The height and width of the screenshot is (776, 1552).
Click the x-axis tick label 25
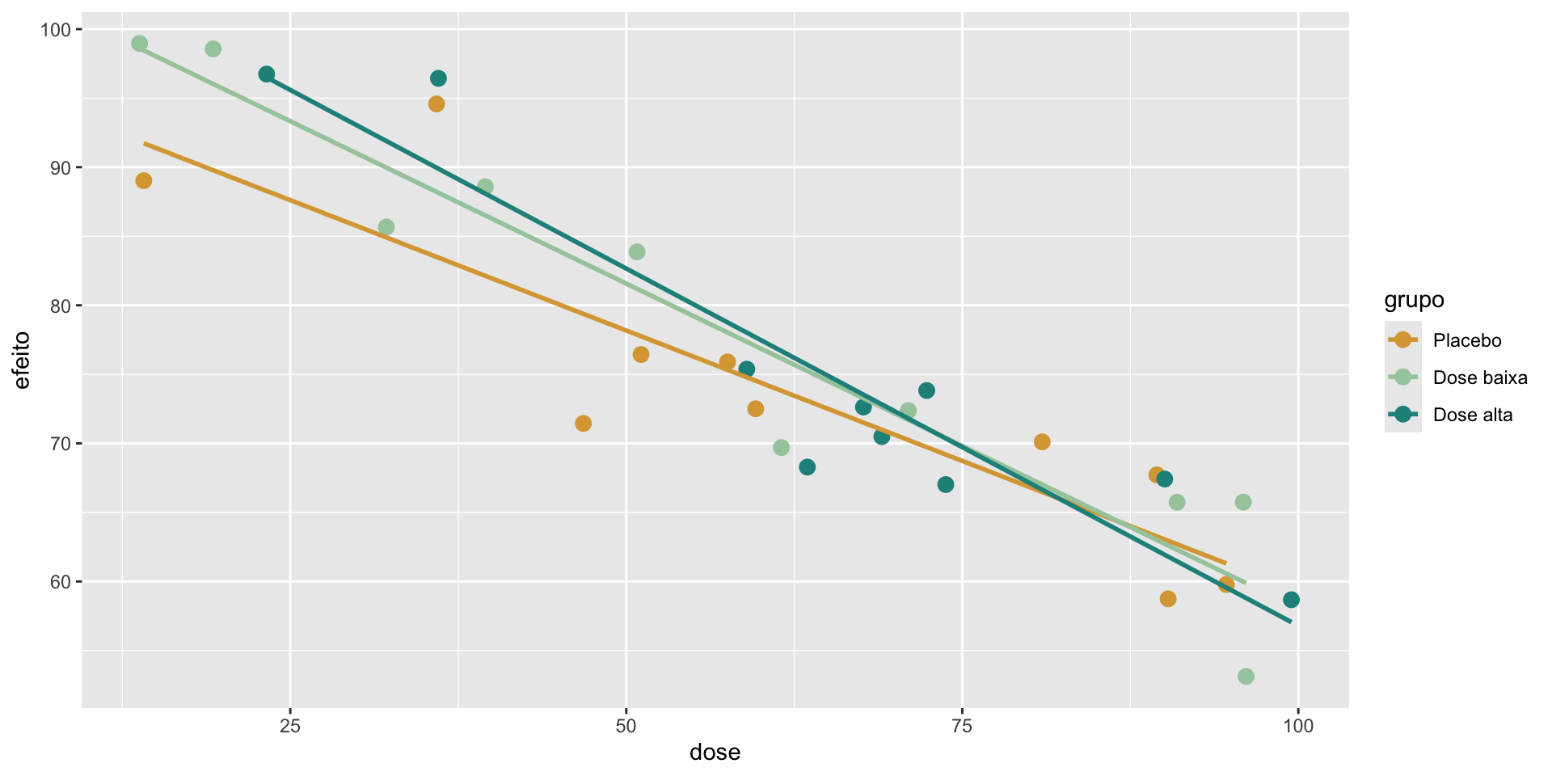pyautogui.click(x=290, y=727)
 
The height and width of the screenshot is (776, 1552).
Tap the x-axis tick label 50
pyautogui.click(x=626, y=727)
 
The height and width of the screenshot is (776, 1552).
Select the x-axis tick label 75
pyautogui.click(x=962, y=727)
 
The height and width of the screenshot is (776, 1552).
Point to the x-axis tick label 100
pyautogui.click(x=1297, y=727)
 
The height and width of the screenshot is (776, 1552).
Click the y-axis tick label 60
pyautogui.click(x=61, y=582)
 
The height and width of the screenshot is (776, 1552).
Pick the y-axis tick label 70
pyautogui.click(x=61, y=444)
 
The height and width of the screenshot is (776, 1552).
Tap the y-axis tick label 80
pyautogui.click(x=61, y=306)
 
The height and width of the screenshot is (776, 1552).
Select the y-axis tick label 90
pyautogui.click(x=61, y=168)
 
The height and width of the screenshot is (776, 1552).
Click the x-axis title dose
pyautogui.click(x=715, y=753)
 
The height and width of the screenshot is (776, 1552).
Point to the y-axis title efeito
pyautogui.click(x=22, y=361)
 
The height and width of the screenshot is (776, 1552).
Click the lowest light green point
pyautogui.click(x=1246, y=677)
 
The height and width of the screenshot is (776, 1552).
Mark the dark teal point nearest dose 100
pyautogui.click(x=1291, y=600)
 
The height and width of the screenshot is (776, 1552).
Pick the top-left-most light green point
pyautogui.click(x=139, y=44)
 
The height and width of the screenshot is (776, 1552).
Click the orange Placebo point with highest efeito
pyautogui.click(x=436, y=104)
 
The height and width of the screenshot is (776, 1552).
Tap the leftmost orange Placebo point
pyautogui.click(x=144, y=181)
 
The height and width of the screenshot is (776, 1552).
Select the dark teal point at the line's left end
pyautogui.click(x=267, y=74)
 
